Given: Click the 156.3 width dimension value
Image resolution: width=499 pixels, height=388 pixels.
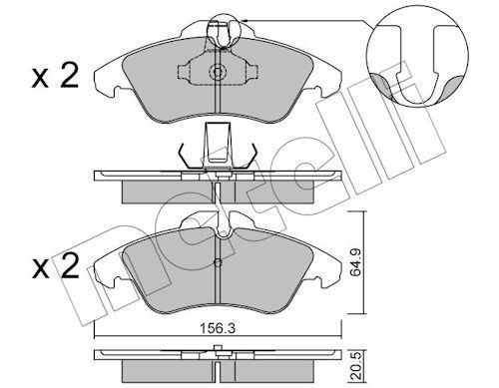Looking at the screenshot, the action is (218, 329).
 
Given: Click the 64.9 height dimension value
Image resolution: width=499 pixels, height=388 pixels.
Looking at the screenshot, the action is (355, 262).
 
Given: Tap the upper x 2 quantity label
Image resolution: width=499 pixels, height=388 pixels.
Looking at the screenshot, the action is (55, 76).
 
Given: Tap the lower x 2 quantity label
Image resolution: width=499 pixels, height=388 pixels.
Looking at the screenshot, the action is (56, 266).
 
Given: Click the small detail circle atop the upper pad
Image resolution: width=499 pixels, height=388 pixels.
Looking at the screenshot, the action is (224, 31).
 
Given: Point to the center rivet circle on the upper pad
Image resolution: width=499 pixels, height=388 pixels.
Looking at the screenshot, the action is (218, 72).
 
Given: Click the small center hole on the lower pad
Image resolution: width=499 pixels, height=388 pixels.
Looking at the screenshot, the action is (218, 263).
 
